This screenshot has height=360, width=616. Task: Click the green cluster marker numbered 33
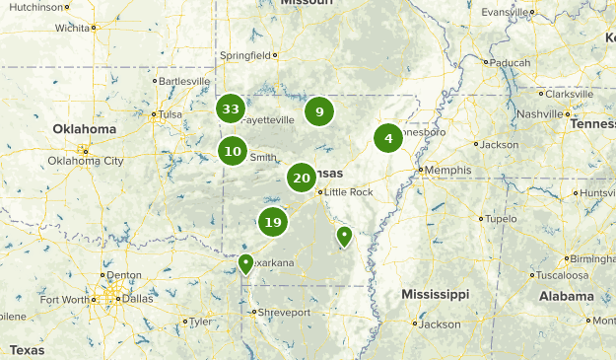[x=231, y=108]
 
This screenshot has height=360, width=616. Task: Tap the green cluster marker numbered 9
[x=319, y=111]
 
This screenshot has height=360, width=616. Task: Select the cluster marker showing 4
[x=388, y=138]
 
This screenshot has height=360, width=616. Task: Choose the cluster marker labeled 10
[x=233, y=151]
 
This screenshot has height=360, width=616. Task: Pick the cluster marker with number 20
[x=302, y=179]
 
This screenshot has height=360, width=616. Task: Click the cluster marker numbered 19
[x=273, y=222]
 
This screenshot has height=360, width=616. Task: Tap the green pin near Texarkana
[x=245, y=262]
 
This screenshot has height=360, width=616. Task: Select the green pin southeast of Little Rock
[x=344, y=236]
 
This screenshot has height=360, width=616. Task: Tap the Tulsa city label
[x=171, y=113]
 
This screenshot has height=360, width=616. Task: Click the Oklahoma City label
[x=86, y=160]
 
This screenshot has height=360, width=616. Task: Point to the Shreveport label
[x=285, y=312]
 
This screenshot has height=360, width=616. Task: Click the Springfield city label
[x=243, y=55]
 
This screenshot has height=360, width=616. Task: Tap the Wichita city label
[x=72, y=28]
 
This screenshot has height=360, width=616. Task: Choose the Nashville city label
[x=539, y=113]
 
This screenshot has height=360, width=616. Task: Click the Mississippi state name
[x=435, y=294]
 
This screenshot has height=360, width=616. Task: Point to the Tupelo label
[x=501, y=218]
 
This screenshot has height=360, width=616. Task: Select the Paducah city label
[x=511, y=62]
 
